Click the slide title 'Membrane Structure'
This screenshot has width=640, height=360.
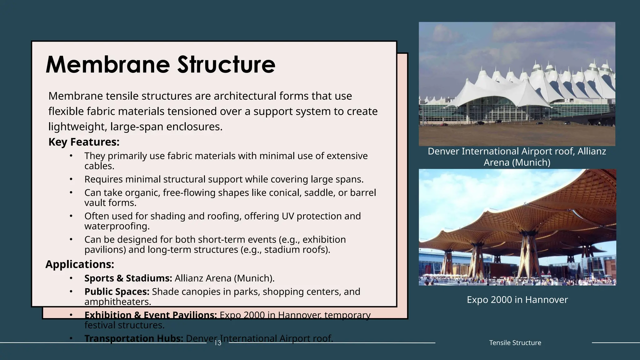click(160, 65)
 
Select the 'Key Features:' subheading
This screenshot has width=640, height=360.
click(84, 142)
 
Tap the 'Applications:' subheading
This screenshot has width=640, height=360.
click(80, 264)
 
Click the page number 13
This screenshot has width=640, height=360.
click(217, 343)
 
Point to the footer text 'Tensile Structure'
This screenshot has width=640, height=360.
click(515, 342)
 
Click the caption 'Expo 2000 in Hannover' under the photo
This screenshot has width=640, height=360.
click(517, 300)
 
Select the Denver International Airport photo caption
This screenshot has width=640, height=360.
click(517, 157)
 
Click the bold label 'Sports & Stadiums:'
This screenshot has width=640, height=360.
click(128, 278)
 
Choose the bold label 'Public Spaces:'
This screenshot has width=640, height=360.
click(117, 292)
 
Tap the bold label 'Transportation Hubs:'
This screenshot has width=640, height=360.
click(134, 338)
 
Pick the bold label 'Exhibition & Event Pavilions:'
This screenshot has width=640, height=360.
click(150, 315)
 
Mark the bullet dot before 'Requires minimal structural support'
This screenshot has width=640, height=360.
click(71, 179)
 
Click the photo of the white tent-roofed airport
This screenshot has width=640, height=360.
click(517, 84)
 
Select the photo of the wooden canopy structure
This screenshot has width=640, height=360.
click(517, 227)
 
